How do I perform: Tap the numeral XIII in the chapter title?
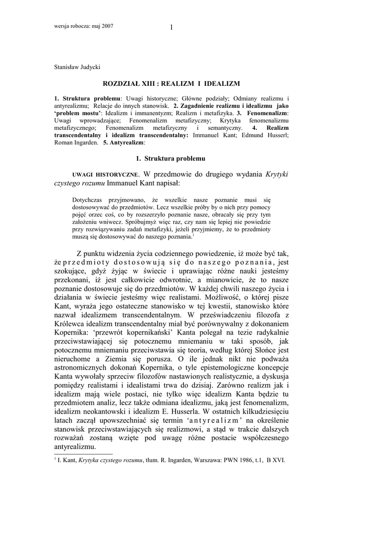click(147, 83)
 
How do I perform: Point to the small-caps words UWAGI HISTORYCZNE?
click(105, 174)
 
